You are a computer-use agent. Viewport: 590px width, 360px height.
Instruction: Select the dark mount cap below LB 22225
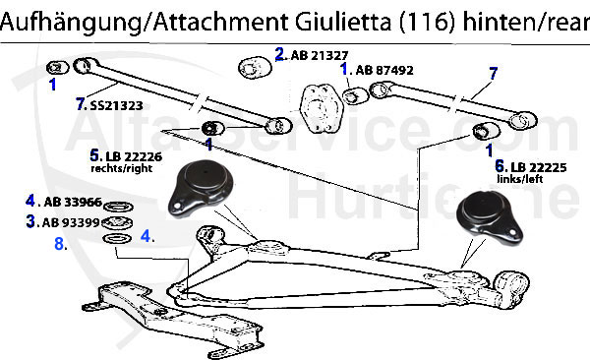[488, 218]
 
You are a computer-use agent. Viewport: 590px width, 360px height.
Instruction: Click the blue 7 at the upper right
[493, 72]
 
